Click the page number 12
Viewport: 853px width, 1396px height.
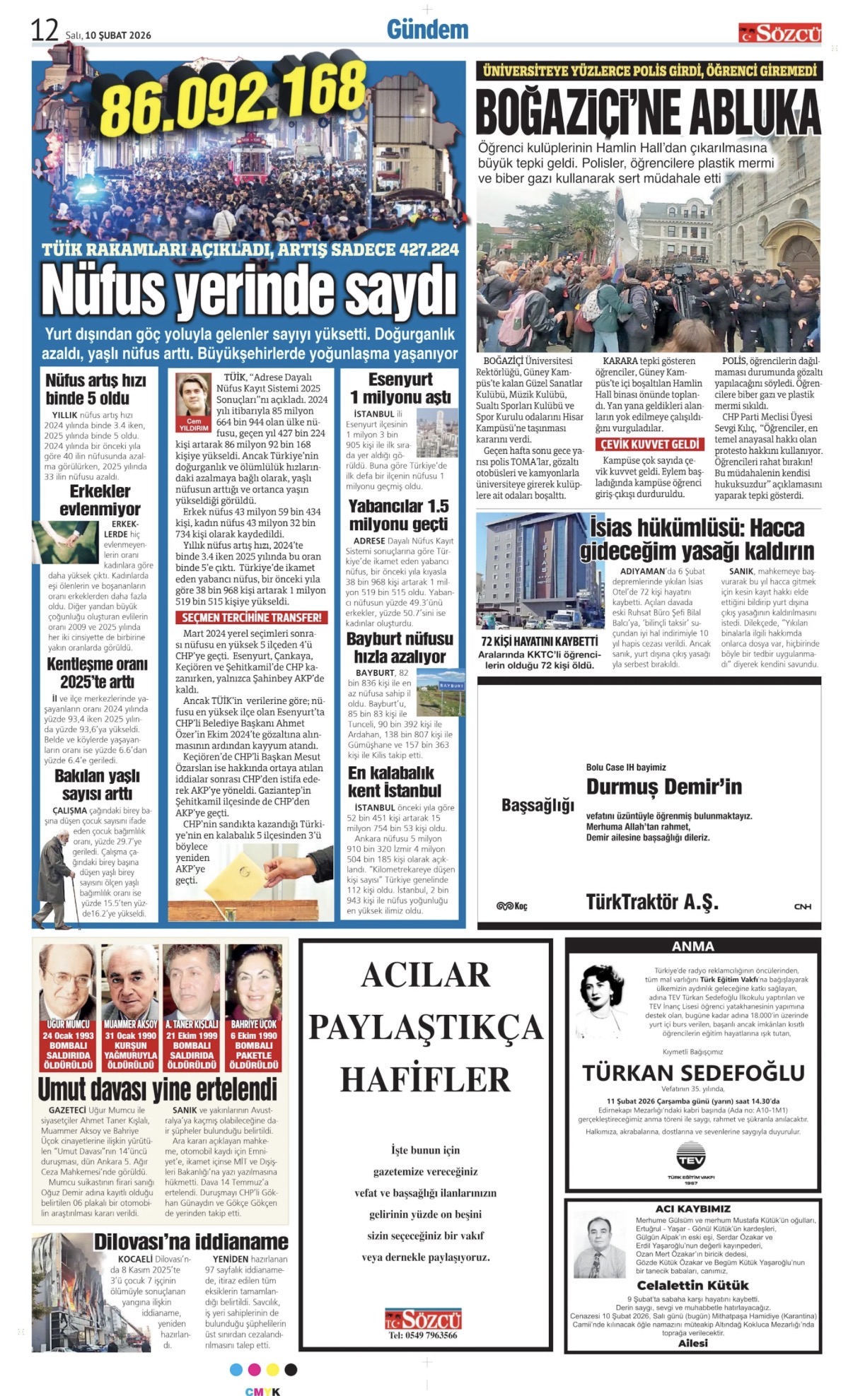click(x=44, y=30)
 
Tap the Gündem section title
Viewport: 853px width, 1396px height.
click(x=427, y=30)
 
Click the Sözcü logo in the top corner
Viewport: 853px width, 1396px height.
click(x=780, y=33)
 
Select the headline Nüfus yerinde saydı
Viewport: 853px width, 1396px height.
click(x=249, y=290)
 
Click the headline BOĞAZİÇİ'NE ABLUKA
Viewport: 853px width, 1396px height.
click(x=648, y=113)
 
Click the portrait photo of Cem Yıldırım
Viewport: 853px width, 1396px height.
click(x=194, y=396)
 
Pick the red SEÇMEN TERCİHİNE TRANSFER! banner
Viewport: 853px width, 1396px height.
click(x=251, y=617)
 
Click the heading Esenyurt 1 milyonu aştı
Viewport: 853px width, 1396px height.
click(x=400, y=388)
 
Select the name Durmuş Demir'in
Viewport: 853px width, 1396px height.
click(x=663, y=787)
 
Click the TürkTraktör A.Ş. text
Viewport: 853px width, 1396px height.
click(x=651, y=902)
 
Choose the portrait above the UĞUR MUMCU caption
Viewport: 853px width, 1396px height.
click(x=68, y=981)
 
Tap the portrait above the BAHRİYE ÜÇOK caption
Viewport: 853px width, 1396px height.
click(x=254, y=981)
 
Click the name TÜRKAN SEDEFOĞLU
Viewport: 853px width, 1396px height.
click(x=693, y=1073)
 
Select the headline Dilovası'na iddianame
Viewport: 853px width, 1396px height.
click(x=191, y=1241)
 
